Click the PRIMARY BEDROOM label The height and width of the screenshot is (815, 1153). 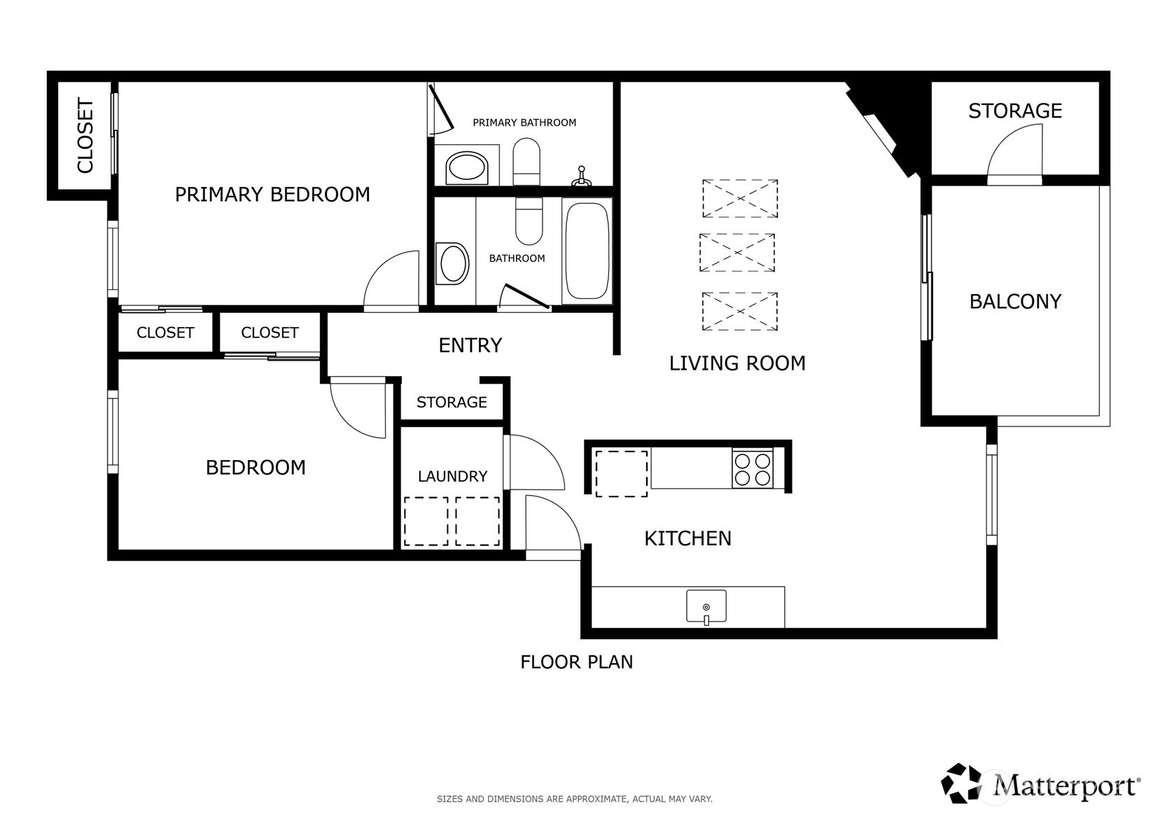pos(272,194)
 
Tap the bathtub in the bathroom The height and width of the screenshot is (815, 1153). pos(587,251)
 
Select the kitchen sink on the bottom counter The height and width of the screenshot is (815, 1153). pos(706,606)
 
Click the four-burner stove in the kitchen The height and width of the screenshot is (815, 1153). pos(752,468)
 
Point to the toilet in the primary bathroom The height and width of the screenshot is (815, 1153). pos(526,161)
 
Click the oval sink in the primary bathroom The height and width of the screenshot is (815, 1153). pos(466,168)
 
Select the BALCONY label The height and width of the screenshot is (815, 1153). pos(1015,301)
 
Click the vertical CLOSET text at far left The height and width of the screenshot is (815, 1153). pos(85,135)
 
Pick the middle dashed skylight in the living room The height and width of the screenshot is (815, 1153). pos(737,252)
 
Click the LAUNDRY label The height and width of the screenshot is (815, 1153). pos(452,476)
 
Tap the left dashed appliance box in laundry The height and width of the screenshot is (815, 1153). pos(426,521)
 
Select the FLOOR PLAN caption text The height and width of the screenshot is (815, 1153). pos(576,662)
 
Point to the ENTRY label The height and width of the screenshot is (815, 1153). pos(470,345)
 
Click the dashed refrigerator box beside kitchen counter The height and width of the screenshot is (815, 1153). pos(621,473)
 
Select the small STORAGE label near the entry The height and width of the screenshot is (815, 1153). pos(452,402)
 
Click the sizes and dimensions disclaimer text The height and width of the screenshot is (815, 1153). pos(575,798)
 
